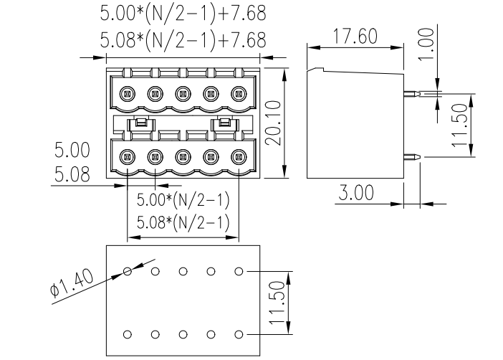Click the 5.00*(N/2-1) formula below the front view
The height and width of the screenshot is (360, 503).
pyautogui.click(x=183, y=199)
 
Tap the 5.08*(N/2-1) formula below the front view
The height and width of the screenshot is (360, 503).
pyautogui.click(x=183, y=222)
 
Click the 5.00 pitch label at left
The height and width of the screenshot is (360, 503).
pyautogui.click(x=72, y=151)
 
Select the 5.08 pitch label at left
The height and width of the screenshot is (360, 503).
pyautogui.click(x=72, y=174)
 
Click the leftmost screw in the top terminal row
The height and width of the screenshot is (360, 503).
pyautogui.click(x=128, y=93)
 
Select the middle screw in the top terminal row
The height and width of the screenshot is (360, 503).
pyautogui.click(x=183, y=93)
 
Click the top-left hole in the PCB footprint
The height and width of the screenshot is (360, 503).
pyautogui.click(x=128, y=271)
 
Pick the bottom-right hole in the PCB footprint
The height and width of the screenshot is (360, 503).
pyautogui.click(x=239, y=334)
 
